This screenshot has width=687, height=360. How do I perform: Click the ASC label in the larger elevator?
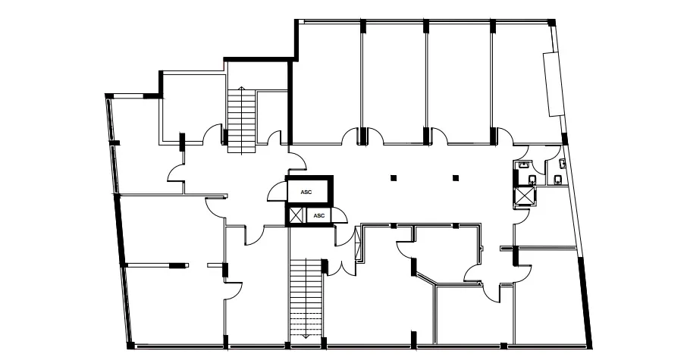[306, 193]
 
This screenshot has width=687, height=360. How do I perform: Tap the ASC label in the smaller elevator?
[319, 215]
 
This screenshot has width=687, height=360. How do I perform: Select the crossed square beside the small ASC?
[296, 216]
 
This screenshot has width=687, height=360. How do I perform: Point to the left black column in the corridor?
[394, 178]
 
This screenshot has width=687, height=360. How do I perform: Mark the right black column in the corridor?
[456, 178]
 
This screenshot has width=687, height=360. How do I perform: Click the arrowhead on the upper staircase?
[241, 89]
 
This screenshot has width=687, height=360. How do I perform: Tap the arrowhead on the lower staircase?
[306, 337]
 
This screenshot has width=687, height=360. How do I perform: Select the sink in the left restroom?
[523, 165]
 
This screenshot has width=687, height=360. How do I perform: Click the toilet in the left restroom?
[533, 180]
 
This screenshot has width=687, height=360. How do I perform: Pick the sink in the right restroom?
[562, 164]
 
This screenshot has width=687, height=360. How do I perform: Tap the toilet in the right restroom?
[558, 180]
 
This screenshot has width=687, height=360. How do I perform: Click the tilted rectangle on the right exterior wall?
[554, 84]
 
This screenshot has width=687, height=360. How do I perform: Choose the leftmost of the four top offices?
[327, 83]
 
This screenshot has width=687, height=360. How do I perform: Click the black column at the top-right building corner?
[552, 22]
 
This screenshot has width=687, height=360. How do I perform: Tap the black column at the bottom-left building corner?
[130, 346]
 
